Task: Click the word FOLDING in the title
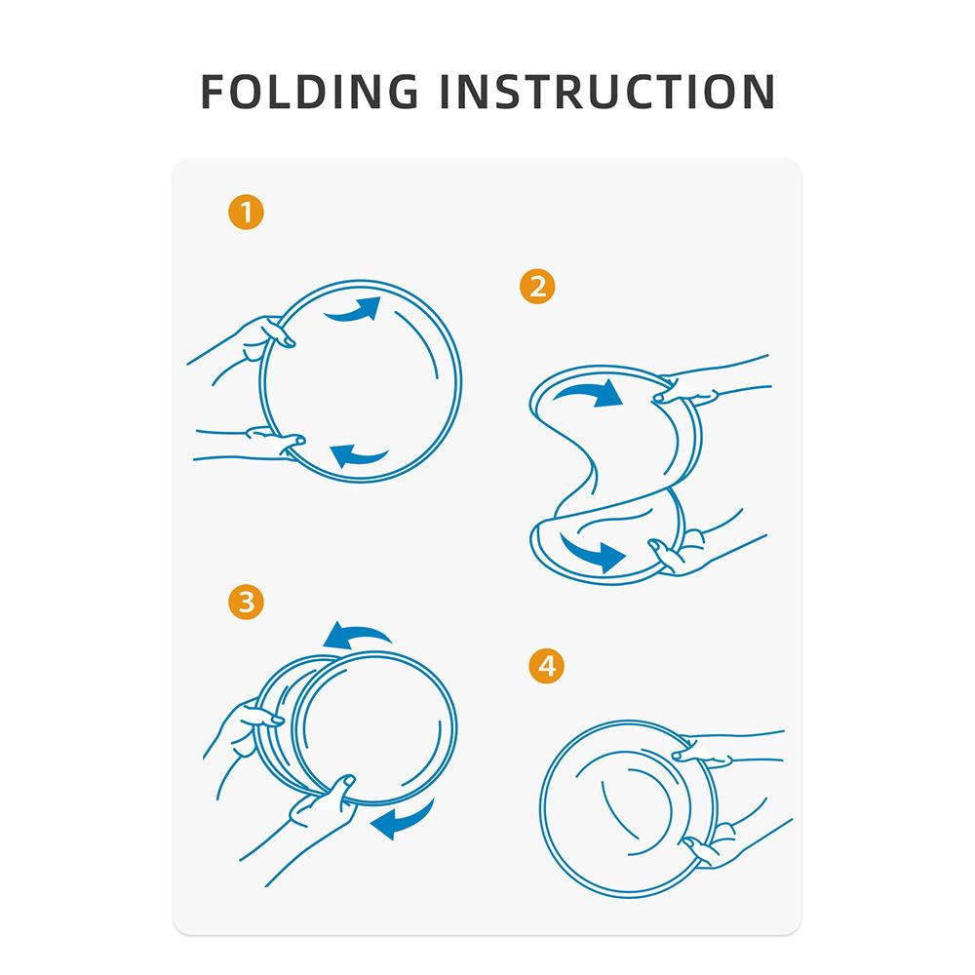(x=309, y=92)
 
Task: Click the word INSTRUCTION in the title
(x=607, y=92)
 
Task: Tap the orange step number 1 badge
(x=247, y=212)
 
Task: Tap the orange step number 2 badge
(x=537, y=286)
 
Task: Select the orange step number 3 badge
(x=247, y=602)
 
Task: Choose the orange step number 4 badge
(x=547, y=666)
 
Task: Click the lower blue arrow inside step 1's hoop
(x=358, y=456)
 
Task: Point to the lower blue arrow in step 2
(x=591, y=550)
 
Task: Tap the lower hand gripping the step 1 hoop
(x=254, y=443)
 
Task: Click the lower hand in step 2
(x=696, y=547)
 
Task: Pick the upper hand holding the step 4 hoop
(x=721, y=749)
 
